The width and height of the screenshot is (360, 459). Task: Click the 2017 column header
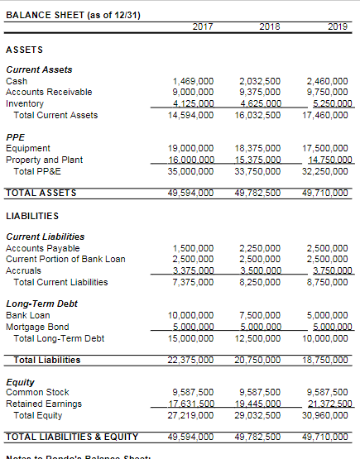click(x=202, y=26)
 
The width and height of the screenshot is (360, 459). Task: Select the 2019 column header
click(x=336, y=26)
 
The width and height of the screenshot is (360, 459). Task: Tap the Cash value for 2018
click(x=261, y=80)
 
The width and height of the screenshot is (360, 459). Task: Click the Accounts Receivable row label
click(x=49, y=92)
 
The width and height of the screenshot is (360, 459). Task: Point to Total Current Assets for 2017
click(x=191, y=115)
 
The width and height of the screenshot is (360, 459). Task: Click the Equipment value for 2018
click(x=258, y=148)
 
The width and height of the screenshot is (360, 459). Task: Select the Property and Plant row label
click(x=44, y=160)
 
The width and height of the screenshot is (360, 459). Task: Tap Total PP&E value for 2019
click(x=328, y=171)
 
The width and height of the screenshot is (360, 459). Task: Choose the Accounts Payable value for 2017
click(x=194, y=247)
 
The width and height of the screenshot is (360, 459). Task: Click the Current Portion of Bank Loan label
click(x=65, y=259)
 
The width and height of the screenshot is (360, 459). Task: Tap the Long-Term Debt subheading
click(x=41, y=304)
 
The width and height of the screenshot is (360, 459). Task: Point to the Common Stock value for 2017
click(x=194, y=391)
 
